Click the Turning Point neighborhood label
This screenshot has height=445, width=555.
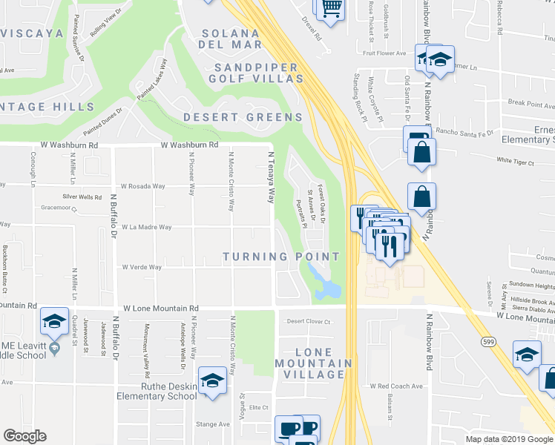point(282,257)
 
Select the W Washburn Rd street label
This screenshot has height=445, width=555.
point(188,145)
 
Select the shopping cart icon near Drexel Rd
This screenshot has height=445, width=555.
point(331,9)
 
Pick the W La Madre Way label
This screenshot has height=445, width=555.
point(147,228)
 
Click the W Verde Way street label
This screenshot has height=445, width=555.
point(142,267)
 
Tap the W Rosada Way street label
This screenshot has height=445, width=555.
point(142,186)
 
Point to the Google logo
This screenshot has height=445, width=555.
point(25,436)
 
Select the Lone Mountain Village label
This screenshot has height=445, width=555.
point(313,363)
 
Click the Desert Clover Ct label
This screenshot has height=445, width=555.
point(308,321)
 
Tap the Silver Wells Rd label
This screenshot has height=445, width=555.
point(82,197)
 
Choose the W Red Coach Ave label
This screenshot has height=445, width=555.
point(395,386)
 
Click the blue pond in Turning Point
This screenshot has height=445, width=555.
point(325,285)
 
